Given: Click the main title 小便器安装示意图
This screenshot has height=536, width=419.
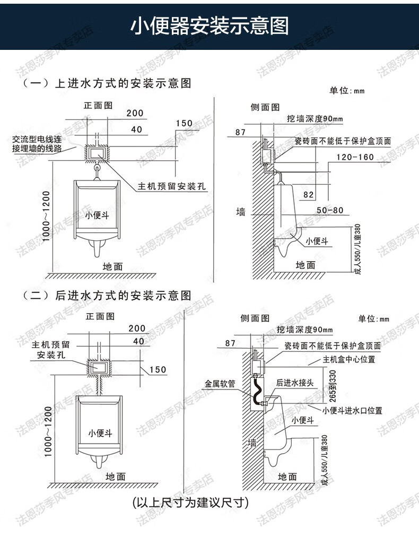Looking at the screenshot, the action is (210, 26).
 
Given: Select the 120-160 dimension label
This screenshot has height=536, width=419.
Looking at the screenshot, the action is (355, 157).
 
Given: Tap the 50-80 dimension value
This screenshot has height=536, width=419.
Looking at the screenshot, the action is (330, 210).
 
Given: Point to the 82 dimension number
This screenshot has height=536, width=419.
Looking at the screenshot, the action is (308, 195).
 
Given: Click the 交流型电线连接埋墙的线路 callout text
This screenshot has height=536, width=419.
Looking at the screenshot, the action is (37, 144).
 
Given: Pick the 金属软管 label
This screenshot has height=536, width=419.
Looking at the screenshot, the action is (220, 384).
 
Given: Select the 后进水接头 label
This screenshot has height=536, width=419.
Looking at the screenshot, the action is (294, 383).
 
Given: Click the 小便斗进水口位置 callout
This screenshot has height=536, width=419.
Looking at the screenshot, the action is (352, 411).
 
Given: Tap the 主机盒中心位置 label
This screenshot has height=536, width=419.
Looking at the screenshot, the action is (349, 359).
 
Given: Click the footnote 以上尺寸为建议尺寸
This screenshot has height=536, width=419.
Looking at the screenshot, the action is (190, 502).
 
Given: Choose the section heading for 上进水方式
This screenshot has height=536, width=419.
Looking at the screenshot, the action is (107, 83).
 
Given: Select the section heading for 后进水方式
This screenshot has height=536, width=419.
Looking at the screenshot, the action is (107, 296).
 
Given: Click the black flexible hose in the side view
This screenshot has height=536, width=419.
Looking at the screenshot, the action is (257, 390).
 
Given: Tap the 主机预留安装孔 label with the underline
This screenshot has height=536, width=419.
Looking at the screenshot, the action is (172, 186).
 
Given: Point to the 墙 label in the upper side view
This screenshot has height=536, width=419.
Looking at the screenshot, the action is (241, 212).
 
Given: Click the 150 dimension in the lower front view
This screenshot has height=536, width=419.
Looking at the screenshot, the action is (158, 370).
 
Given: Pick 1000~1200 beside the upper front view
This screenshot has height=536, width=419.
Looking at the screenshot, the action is (46, 217).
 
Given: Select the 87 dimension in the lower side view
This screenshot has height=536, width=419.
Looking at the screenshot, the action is (230, 343).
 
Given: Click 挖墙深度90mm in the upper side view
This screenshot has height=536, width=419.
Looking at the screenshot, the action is (315, 119).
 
